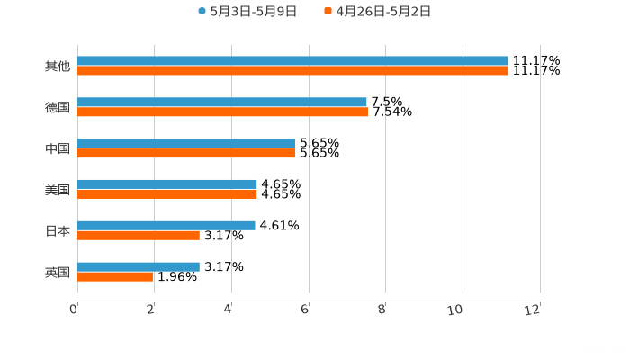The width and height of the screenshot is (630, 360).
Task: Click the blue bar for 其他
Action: [292, 61]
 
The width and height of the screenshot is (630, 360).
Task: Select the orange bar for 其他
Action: [292, 70]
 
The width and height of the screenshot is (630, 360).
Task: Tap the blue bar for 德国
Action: [222, 103]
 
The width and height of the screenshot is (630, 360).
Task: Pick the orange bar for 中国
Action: [186, 153]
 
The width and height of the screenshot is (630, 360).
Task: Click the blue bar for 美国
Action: [167, 184]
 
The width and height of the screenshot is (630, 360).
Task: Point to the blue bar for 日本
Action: [166, 225]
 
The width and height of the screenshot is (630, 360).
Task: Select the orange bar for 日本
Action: [139, 235]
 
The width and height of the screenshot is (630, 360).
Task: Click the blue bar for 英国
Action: [139, 266]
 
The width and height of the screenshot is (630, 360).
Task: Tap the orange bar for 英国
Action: [115, 276]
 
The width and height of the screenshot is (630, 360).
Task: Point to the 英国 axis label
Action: [58, 272]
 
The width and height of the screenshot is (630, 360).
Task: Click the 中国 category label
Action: [58, 148]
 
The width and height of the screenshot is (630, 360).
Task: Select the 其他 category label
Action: [58, 66]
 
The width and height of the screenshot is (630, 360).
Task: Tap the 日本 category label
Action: [58, 230]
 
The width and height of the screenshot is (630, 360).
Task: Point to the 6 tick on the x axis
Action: [305, 310]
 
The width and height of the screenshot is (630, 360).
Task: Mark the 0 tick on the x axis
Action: [74, 310]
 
